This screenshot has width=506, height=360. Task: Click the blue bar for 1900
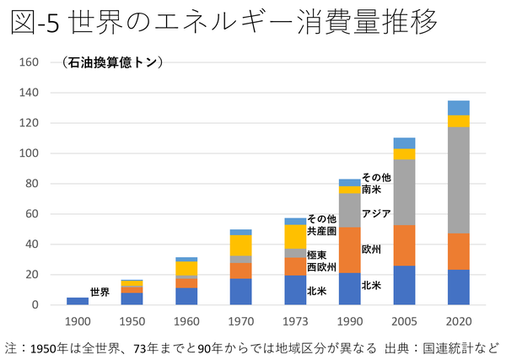click(x=77, y=301)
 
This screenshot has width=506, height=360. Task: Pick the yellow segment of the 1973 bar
click(x=295, y=236)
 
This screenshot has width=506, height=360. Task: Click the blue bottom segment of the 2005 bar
click(x=404, y=285)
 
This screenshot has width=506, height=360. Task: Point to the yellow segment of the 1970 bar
click(x=240, y=245)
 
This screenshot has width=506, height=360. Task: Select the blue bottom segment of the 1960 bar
click(x=186, y=296)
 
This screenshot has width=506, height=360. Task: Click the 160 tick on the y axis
click(x=30, y=62)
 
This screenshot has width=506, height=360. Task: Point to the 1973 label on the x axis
click(x=295, y=321)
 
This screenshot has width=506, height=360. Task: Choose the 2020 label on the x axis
click(x=459, y=321)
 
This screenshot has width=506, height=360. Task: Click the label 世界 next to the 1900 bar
click(x=100, y=292)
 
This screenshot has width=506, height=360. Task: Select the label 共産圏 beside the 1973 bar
click(x=321, y=229)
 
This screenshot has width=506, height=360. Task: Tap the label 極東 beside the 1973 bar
click(x=317, y=254)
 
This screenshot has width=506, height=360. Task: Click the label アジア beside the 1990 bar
click(x=375, y=213)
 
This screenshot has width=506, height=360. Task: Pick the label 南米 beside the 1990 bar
click(x=371, y=190)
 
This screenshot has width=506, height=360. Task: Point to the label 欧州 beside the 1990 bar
click(x=371, y=250)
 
